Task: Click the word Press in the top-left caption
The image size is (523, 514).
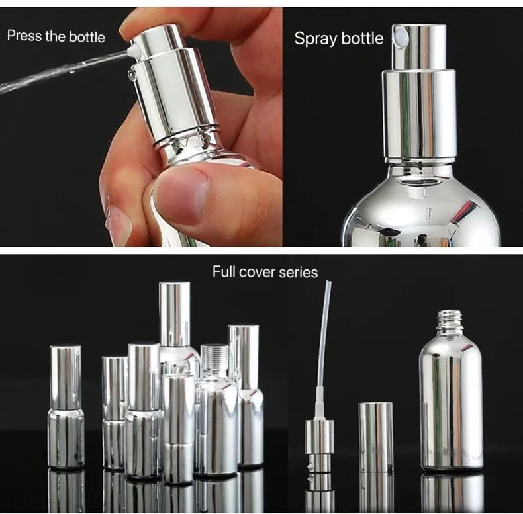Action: coord(24,35)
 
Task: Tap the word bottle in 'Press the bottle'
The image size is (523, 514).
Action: coord(87,36)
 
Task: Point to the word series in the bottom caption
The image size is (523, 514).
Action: coord(299,273)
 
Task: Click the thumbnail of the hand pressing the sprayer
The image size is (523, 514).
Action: coord(141,127)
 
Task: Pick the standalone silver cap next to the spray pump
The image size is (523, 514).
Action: coord(375,437)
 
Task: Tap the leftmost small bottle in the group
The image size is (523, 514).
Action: coord(66,407)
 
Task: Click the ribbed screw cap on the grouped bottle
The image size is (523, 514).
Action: coord(214,357)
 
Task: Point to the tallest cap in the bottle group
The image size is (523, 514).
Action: coord(175,314)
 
